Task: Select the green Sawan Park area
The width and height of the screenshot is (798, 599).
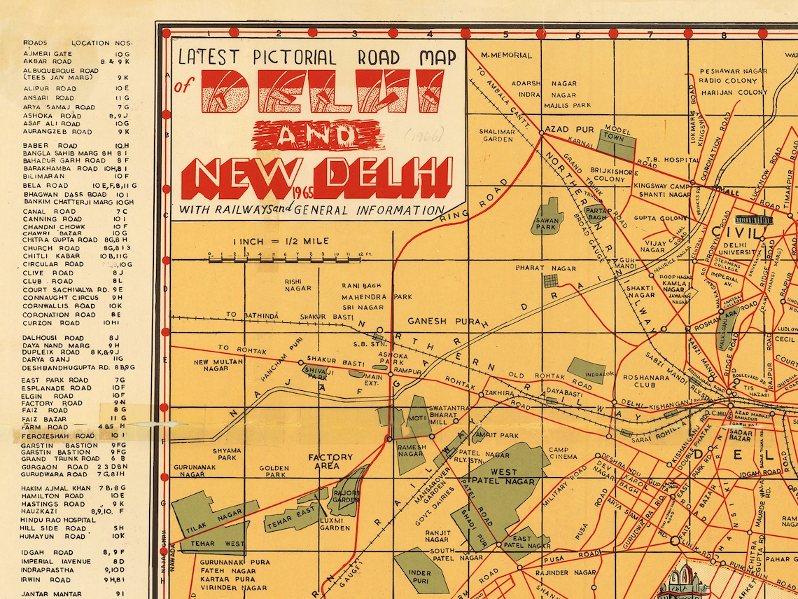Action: [x=547, y=216]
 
